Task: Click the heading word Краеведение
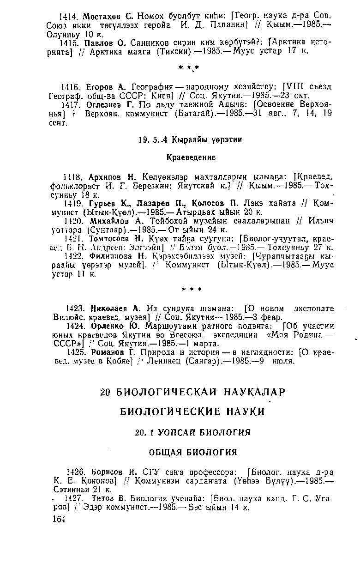pyautogui.click(x=191, y=157)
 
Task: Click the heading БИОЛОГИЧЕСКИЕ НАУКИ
pyautogui.click(x=190, y=412)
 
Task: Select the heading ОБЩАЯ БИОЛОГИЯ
pyautogui.click(x=191, y=452)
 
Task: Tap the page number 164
pyautogui.click(x=58, y=520)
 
